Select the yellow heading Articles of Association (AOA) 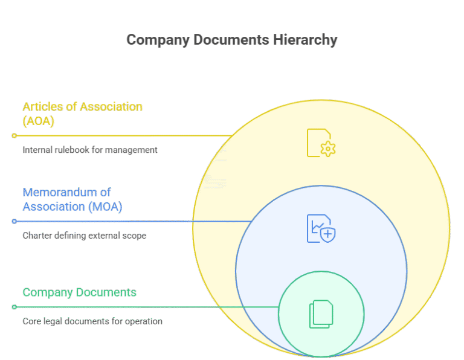tap(82, 114)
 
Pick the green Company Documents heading tap(79, 293)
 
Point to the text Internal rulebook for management tap(90, 150)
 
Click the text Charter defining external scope tap(85, 236)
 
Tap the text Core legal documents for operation tap(92, 321)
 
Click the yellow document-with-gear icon tap(321, 143)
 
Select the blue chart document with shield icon tap(321, 229)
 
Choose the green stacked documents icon tap(321, 314)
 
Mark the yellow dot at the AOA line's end tap(14, 136)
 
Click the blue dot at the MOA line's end tap(14, 221)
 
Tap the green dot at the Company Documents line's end tap(14, 307)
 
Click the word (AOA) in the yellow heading tap(39, 121)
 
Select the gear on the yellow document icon tap(328, 149)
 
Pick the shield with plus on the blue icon tap(328, 234)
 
